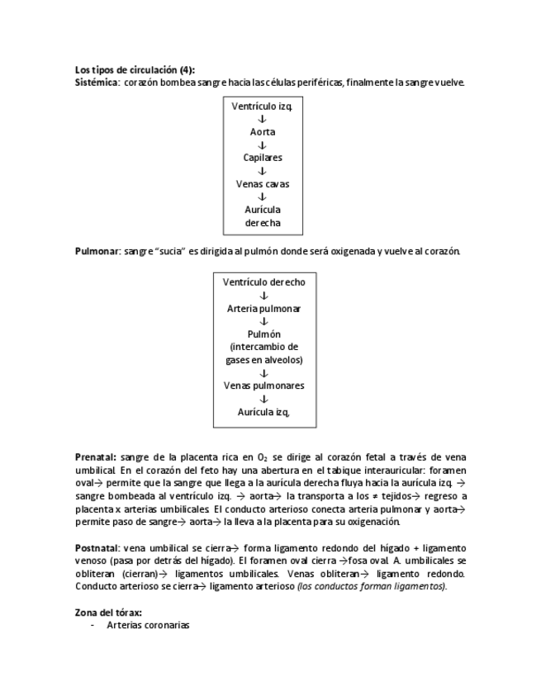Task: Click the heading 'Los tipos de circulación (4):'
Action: tap(135, 70)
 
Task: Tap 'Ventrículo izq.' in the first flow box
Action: tap(262, 106)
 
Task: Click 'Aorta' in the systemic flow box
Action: tap(262, 131)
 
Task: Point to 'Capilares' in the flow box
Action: tap(262, 157)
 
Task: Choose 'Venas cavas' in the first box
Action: tap(262, 183)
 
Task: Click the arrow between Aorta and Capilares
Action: tap(262, 144)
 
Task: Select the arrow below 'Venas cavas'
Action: tap(262, 196)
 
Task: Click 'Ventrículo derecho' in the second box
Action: tap(263, 281)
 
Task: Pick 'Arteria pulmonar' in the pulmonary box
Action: tap(263, 308)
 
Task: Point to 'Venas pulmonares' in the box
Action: tap(263, 385)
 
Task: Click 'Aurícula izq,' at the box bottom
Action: tap(263, 412)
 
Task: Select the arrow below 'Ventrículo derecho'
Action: tap(263, 295)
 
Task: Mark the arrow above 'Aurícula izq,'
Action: tap(263, 399)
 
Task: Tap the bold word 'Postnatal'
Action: tap(97, 548)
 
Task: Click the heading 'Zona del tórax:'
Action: tap(107, 612)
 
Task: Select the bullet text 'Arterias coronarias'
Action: tap(148, 626)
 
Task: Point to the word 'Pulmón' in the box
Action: tap(263, 334)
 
